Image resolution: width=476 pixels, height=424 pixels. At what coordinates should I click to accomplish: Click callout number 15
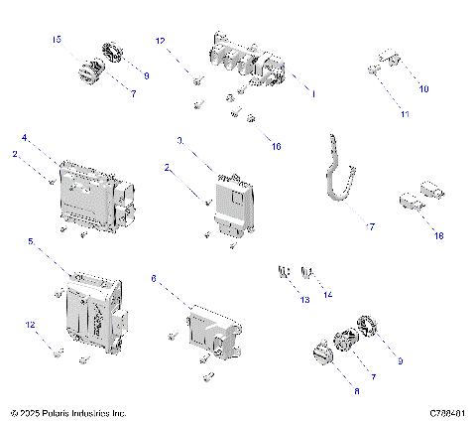(x=57, y=39)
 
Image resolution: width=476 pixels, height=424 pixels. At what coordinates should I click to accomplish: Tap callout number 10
(x=423, y=89)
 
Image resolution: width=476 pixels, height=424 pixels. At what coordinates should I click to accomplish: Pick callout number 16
(x=275, y=146)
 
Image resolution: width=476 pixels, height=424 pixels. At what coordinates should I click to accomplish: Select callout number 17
(x=370, y=227)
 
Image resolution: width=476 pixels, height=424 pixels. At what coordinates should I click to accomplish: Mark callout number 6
(x=153, y=280)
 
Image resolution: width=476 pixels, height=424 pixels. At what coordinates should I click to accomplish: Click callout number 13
(x=303, y=300)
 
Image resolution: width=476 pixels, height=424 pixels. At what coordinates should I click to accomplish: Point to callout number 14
(x=328, y=296)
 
